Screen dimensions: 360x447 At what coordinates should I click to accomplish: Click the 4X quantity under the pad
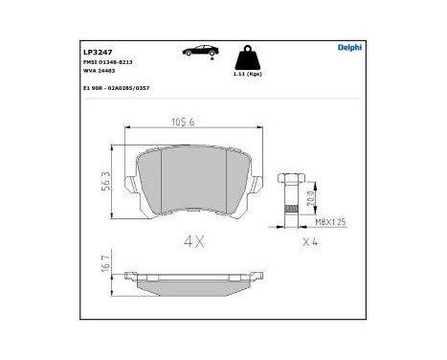194,241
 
